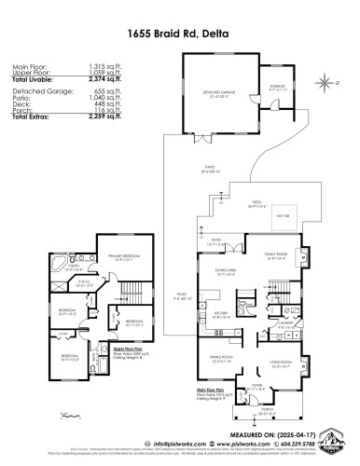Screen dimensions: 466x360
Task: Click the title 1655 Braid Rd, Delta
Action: (180, 31)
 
